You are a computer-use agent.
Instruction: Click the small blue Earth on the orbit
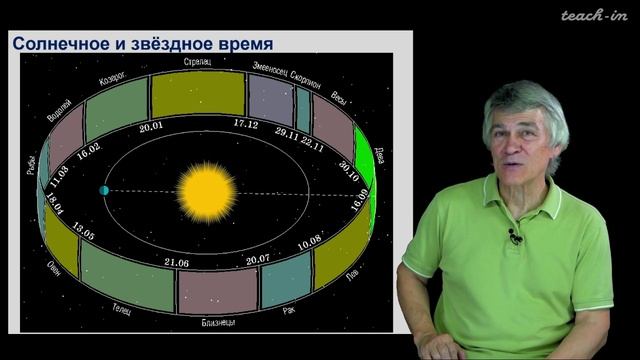(103, 190)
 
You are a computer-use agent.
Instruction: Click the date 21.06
(177, 262)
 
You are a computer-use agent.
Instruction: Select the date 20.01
(152, 127)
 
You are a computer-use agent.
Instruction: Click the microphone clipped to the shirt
(514, 236)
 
